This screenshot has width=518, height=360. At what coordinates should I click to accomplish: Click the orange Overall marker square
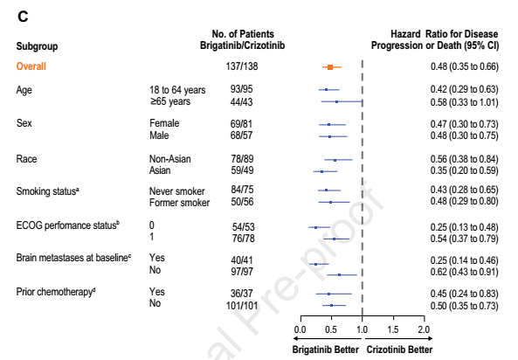coord(330,67)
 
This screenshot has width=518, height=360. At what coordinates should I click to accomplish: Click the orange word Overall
coord(31,66)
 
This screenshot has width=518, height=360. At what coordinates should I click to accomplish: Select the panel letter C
coord(23,17)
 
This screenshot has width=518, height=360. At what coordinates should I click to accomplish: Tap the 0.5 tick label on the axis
coord(331,329)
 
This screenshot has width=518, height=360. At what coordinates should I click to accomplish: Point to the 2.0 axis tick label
coord(424,329)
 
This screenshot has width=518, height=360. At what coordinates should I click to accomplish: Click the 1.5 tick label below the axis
coord(393,329)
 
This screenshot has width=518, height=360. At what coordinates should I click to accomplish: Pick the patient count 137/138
coord(242,66)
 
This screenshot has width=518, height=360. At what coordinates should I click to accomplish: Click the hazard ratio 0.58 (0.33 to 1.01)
coord(464,102)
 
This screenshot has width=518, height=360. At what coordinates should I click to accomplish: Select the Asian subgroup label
coord(160,170)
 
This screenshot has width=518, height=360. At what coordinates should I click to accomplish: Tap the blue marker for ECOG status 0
coord(315,227)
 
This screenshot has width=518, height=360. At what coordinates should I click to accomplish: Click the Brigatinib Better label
coord(326,350)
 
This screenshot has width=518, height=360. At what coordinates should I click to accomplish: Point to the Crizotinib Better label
coord(399,350)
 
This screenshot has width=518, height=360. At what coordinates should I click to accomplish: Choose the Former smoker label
coord(179,203)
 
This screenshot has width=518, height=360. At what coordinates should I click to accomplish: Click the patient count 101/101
coord(242,306)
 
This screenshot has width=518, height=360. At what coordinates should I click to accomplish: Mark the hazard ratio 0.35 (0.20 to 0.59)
coord(464,170)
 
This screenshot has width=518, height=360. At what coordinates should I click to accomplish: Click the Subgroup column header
coord(37,46)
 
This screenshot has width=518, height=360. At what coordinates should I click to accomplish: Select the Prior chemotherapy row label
coord(56,292)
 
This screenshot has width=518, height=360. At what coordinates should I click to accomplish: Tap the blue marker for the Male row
coord(329,136)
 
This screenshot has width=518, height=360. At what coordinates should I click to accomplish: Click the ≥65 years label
coord(170,101)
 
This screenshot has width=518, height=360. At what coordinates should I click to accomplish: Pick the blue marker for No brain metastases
coord(339,274)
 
